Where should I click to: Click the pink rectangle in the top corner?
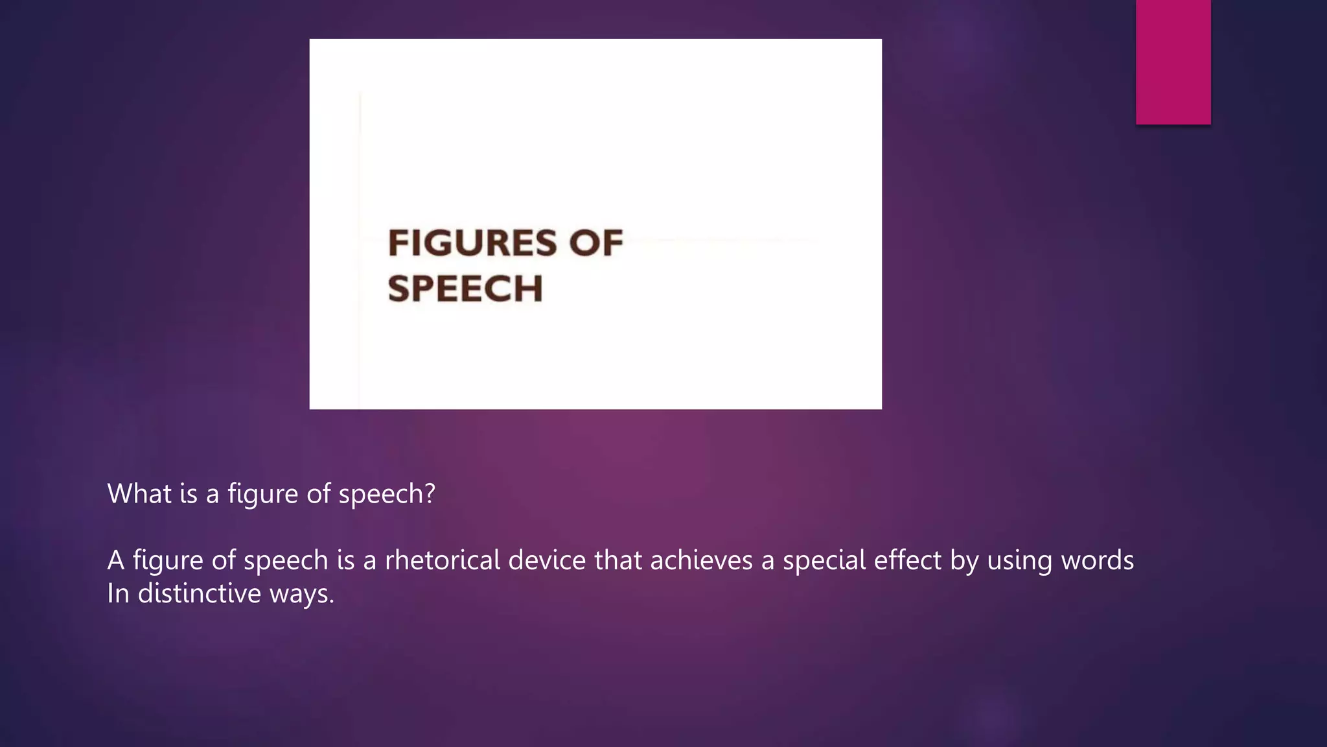tap(1173, 62)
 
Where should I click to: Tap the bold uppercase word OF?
tap(595, 243)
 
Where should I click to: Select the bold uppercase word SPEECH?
tap(465, 289)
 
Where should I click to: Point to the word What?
tap(139, 494)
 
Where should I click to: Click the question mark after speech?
tap(428, 494)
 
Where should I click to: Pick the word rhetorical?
tap(442, 560)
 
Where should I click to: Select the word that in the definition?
tap(618, 560)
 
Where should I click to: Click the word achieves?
tap(702, 560)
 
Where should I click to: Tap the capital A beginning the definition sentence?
tap(115, 560)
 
